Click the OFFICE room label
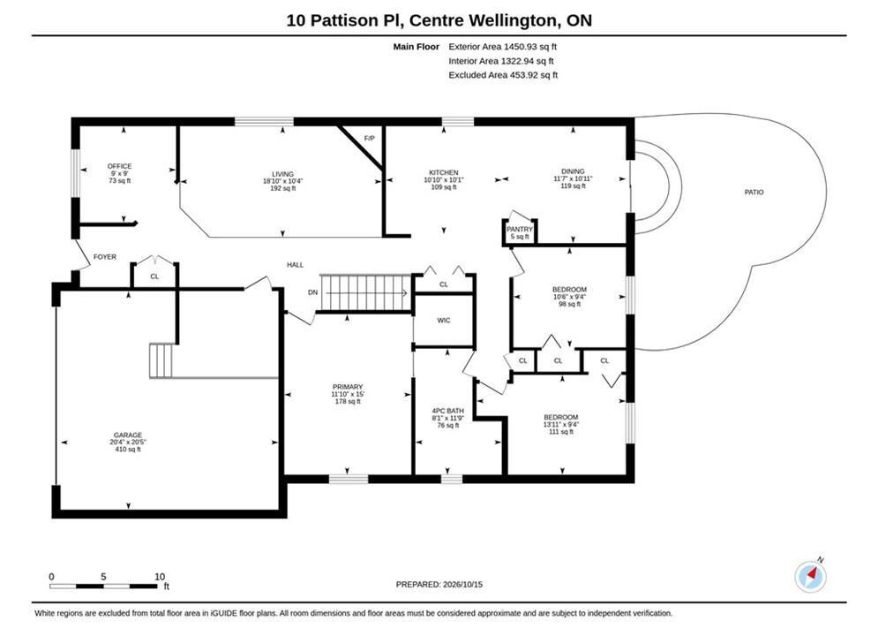tap(119, 166)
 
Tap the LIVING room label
tap(282, 174)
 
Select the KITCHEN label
tap(444, 172)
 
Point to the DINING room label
tap(573, 171)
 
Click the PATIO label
tap(754, 193)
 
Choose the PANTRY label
tap(520, 229)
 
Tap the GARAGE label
tap(128, 435)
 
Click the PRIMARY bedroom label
tap(348, 387)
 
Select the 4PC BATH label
tap(448, 411)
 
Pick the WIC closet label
tap(444, 321)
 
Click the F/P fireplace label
tap(369, 139)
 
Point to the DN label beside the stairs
tap(312, 292)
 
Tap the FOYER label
tap(105, 257)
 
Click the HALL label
tap(295, 265)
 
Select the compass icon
tap(810, 576)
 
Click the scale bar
tap(103, 587)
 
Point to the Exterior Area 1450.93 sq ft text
tap(502, 47)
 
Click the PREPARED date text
tap(439, 585)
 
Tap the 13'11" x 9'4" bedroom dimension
tap(560, 425)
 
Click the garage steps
tap(161, 361)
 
